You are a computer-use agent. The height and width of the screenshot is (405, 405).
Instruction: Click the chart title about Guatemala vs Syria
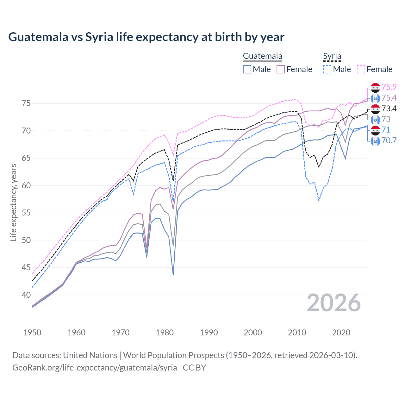[x=146, y=37]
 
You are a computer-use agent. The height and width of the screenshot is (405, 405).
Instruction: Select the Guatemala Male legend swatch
[x=247, y=69]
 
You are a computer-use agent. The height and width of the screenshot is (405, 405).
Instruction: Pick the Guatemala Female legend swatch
[x=281, y=69]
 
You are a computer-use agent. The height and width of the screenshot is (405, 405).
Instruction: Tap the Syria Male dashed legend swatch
[x=327, y=69]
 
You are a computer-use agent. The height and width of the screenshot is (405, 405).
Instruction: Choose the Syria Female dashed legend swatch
[x=361, y=69]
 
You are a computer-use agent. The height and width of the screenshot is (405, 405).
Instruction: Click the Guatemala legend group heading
[x=262, y=56]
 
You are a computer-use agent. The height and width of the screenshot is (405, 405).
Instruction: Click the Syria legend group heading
[x=332, y=56]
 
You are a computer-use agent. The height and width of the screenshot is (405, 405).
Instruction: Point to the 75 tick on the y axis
[x=26, y=103]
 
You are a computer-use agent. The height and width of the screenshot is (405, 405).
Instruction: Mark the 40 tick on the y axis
[x=26, y=295]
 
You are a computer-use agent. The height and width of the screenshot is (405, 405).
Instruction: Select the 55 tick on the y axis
[x=26, y=213]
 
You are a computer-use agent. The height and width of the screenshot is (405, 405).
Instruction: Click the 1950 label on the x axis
[x=32, y=333]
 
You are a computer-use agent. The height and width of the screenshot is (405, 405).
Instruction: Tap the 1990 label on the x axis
[x=209, y=333]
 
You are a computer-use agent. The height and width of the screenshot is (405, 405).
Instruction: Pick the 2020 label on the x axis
[x=341, y=333]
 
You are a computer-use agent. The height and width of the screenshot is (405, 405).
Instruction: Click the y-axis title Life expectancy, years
[x=13, y=202]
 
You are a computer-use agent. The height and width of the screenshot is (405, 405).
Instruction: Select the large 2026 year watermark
[x=333, y=303]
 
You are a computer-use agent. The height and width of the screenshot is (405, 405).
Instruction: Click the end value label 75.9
[x=389, y=87]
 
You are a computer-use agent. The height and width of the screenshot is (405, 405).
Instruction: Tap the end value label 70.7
[x=389, y=140]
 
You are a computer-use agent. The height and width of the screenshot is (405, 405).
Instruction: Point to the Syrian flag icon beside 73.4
[x=375, y=109]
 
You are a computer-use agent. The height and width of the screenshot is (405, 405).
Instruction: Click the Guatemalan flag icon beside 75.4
[x=375, y=98]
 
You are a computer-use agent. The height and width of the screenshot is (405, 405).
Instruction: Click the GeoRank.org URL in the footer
[x=95, y=368]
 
